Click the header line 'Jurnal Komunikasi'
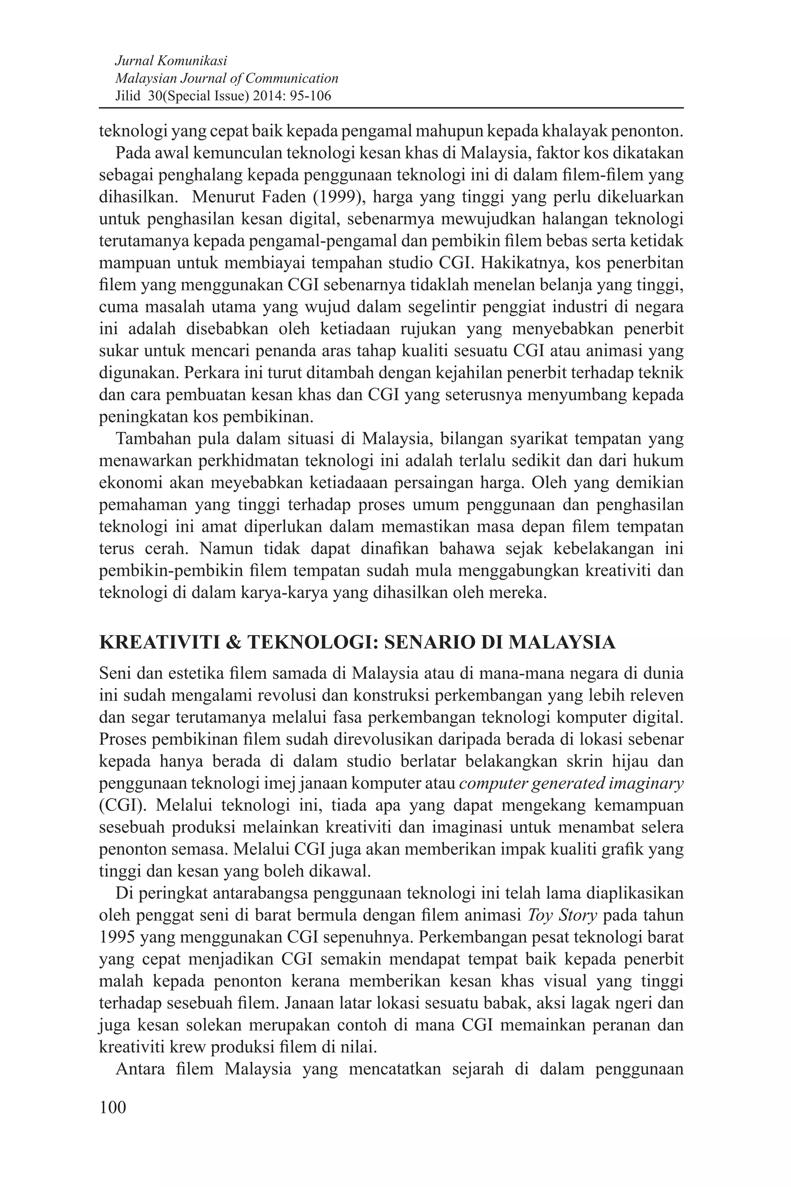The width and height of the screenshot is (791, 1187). pos(171,61)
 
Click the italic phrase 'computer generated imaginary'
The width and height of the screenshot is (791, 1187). pos(572,783)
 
